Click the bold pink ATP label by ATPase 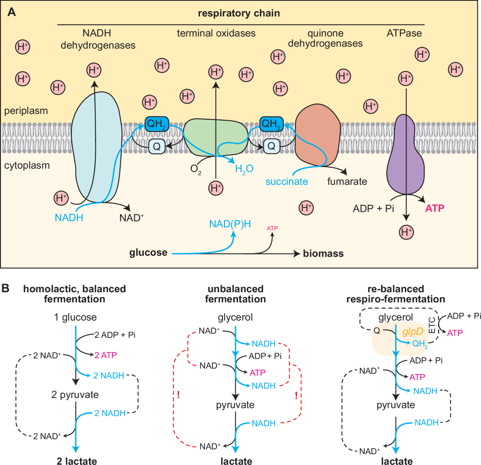(x=435, y=208)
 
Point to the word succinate (x=287, y=182)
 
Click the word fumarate (x=347, y=182)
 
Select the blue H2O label (x=244, y=169)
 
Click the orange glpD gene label (x=412, y=332)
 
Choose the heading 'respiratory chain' (x=239, y=13)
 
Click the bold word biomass (x=323, y=253)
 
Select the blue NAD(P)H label (x=230, y=224)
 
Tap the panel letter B (x=6, y=288)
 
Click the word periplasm (x=26, y=111)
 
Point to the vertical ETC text (x=432, y=325)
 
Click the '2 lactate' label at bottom (x=77, y=461)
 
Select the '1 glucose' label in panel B (x=75, y=317)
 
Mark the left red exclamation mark (x=178, y=395)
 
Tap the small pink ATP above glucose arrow (x=272, y=228)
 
